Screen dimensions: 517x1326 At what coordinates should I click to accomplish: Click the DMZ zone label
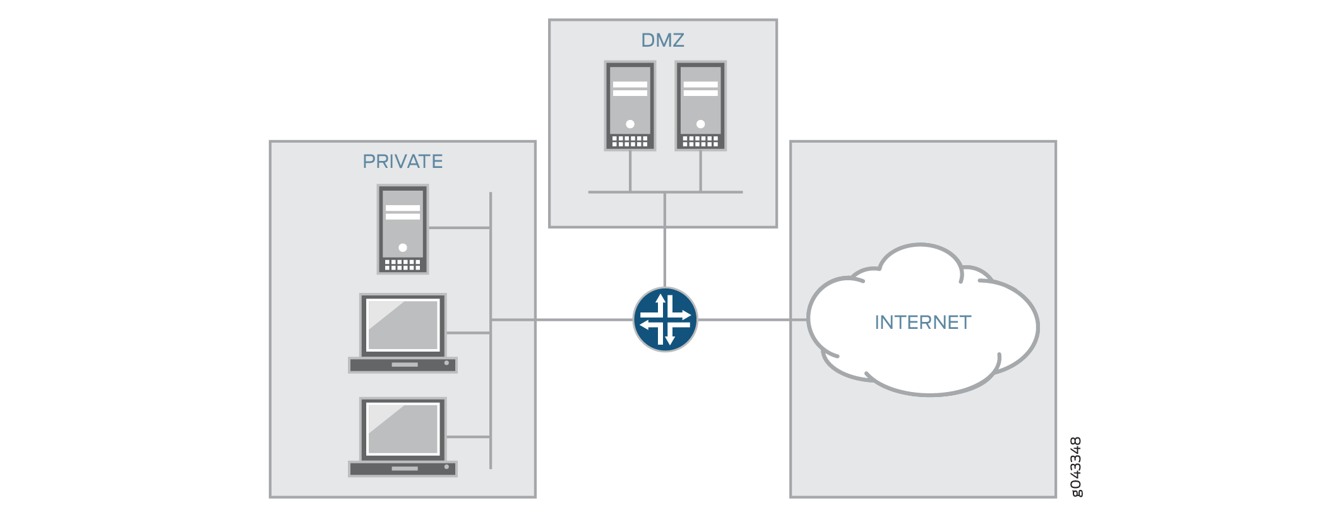[x=662, y=40]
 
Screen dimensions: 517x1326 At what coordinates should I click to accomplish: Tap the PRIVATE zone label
[x=402, y=162]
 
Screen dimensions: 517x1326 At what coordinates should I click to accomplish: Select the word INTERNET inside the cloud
[x=923, y=323]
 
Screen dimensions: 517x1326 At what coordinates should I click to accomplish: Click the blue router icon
[x=665, y=320]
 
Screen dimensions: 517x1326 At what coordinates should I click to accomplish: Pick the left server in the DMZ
[x=630, y=106]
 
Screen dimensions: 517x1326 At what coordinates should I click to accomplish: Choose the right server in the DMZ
[x=700, y=106]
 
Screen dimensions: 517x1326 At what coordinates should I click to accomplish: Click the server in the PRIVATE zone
[x=403, y=229]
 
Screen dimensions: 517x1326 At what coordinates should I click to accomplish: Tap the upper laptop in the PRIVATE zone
[x=403, y=333]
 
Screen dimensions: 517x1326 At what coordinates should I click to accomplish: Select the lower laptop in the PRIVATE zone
[x=403, y=437]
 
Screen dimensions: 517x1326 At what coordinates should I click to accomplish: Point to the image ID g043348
[x=1076, y=466]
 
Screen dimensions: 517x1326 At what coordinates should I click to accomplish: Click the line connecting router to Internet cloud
[x=751, y=320]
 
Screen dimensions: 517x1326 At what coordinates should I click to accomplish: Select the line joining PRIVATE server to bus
[x=459, y=228]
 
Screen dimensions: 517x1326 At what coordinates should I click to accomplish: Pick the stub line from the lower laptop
[x=469, y=437]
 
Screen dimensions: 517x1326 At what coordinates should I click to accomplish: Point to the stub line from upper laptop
[x=469, y=333]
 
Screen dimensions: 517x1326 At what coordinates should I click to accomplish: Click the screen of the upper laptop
[x=403, y=325]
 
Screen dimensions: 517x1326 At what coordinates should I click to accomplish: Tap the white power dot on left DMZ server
[x=630, y=124]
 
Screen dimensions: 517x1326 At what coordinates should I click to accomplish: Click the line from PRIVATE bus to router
[x=568, y=320]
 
